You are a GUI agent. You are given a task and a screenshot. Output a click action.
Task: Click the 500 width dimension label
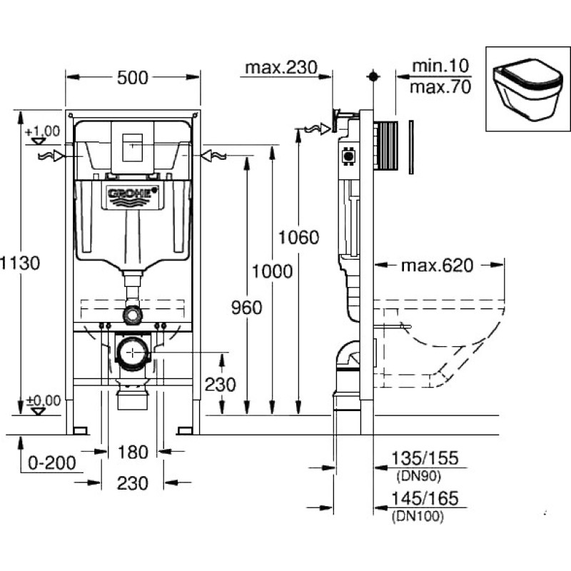tap(133, 77)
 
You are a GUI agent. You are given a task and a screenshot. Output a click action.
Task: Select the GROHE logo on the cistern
tap(133, 193)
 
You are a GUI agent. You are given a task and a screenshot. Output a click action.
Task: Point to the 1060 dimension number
tap(298, 237)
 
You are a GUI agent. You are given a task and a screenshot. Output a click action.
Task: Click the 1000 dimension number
tap(272, 271)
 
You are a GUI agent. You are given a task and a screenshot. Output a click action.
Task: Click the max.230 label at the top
tap(281, 67)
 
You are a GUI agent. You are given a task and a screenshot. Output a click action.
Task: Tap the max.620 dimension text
tap(436, 266)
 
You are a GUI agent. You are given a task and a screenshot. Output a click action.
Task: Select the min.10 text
tap(440, 66)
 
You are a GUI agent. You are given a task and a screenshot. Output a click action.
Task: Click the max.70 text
tap(440, 88)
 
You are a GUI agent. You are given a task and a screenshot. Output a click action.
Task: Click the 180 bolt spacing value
tap(132, 452)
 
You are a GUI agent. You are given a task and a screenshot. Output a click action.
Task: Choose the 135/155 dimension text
tap(425, 458)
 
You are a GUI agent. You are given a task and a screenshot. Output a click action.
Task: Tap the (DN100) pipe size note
tap(418, 516)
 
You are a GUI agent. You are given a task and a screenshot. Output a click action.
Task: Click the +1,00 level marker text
tap(42, 131)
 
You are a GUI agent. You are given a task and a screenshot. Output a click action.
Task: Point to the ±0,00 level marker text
tap(44, 400)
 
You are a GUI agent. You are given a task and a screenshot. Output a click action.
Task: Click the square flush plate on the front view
tap(133, 146)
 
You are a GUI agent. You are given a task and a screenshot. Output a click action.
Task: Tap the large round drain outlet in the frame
tap(133, 351)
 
